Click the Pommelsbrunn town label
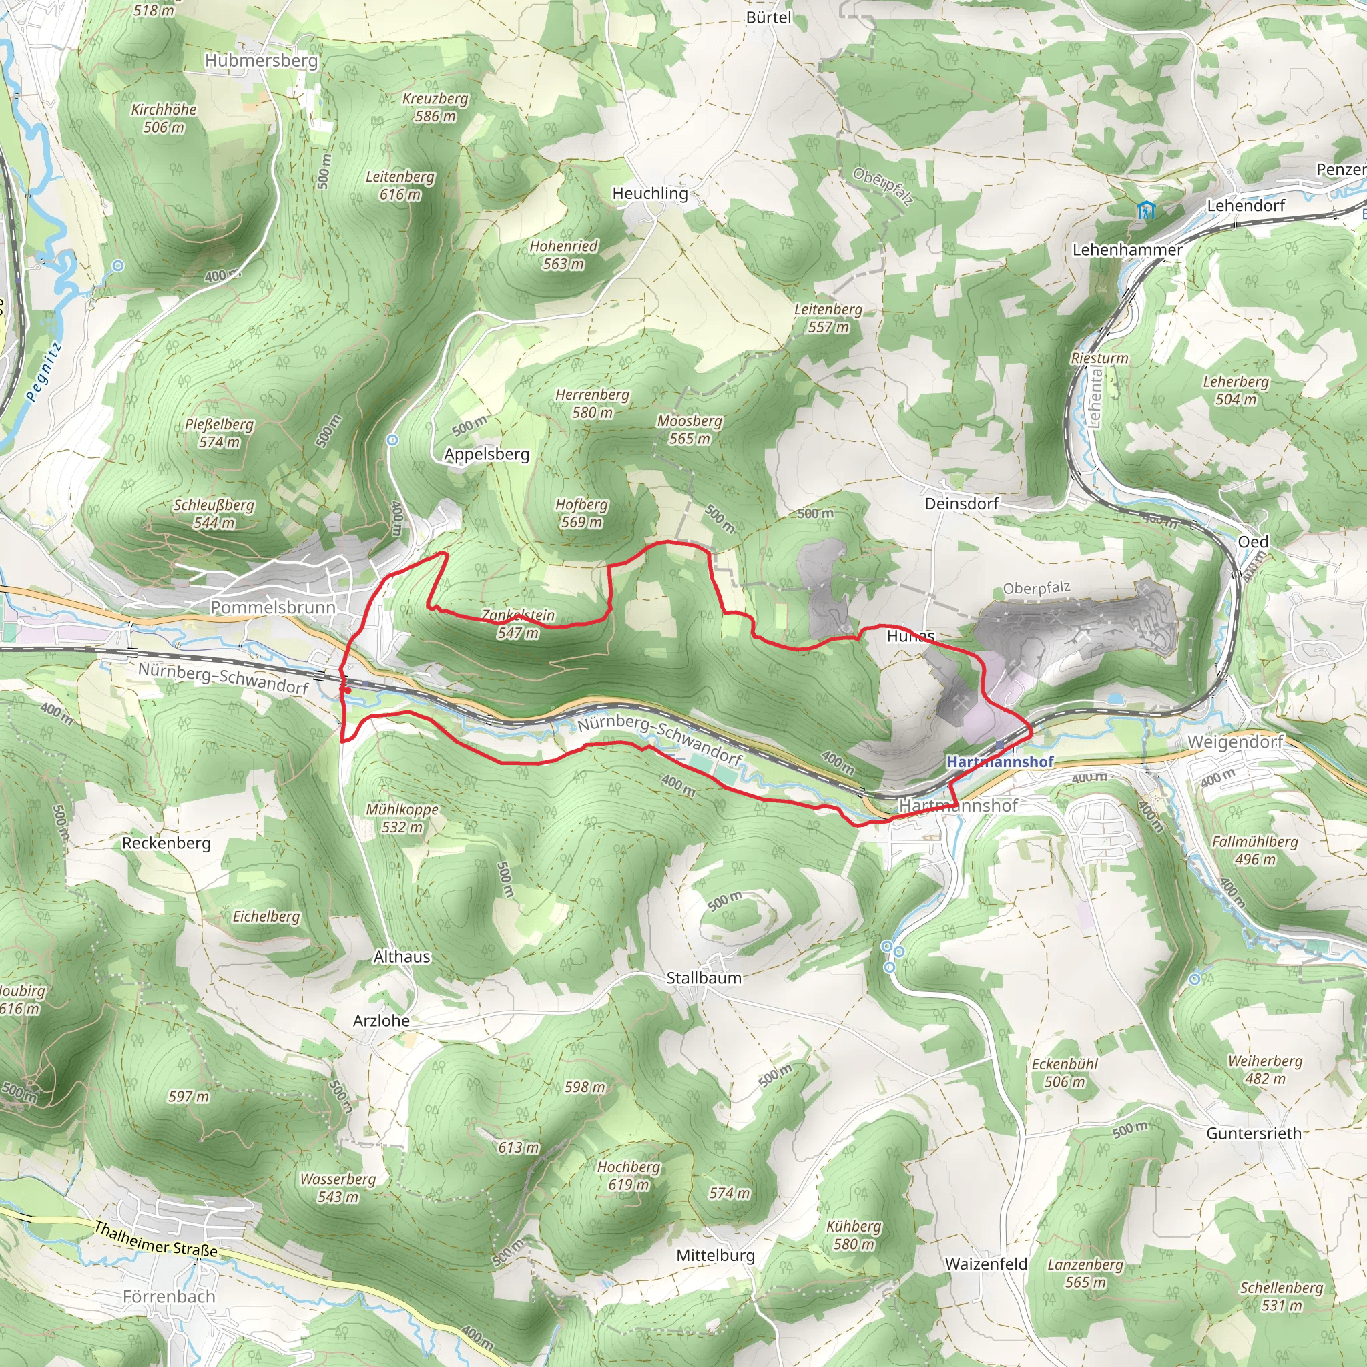click(x=272, y=607)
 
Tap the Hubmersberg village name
click(x=261, y=61)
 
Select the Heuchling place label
click(x=649, y=193)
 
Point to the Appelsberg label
click(x=486, y=455)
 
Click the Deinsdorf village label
click(x=962, y=504)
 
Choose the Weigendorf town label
click(x=1235, y=742)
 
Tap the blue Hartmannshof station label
click(x=1000, y=762)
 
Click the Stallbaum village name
click(x=704, y=978)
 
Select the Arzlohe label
click(x=381, y=1021)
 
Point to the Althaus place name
click(x=402, y=956)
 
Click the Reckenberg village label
click(x=166, y=844)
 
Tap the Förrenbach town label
click(x=168, y=1296)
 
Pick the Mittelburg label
click(x=716, y=1256)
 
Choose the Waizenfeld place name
click(x=986, y=1264)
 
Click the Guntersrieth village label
click(x=1254, y=1133)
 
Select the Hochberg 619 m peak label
click(x=628, y=1175)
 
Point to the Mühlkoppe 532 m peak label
click(x=402, y=818)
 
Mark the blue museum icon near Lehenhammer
click(x=1145, y=210)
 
